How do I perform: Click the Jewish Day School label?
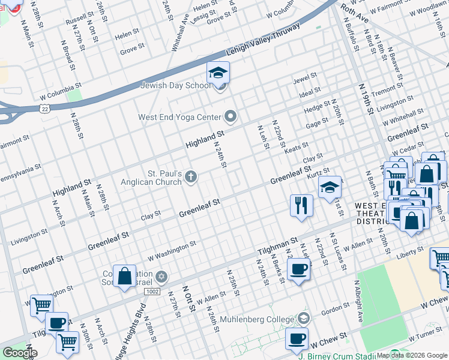[175, 85]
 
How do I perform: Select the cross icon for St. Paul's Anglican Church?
[191, 176]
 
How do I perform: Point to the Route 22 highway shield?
[44, 109]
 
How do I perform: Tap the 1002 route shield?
[151, 290]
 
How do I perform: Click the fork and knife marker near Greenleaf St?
[301, 205]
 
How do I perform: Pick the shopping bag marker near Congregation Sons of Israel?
[124, 277]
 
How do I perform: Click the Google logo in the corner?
[20, 353]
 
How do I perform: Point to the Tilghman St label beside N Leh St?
[278, 244]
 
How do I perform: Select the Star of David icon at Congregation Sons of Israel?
[160, 277]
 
